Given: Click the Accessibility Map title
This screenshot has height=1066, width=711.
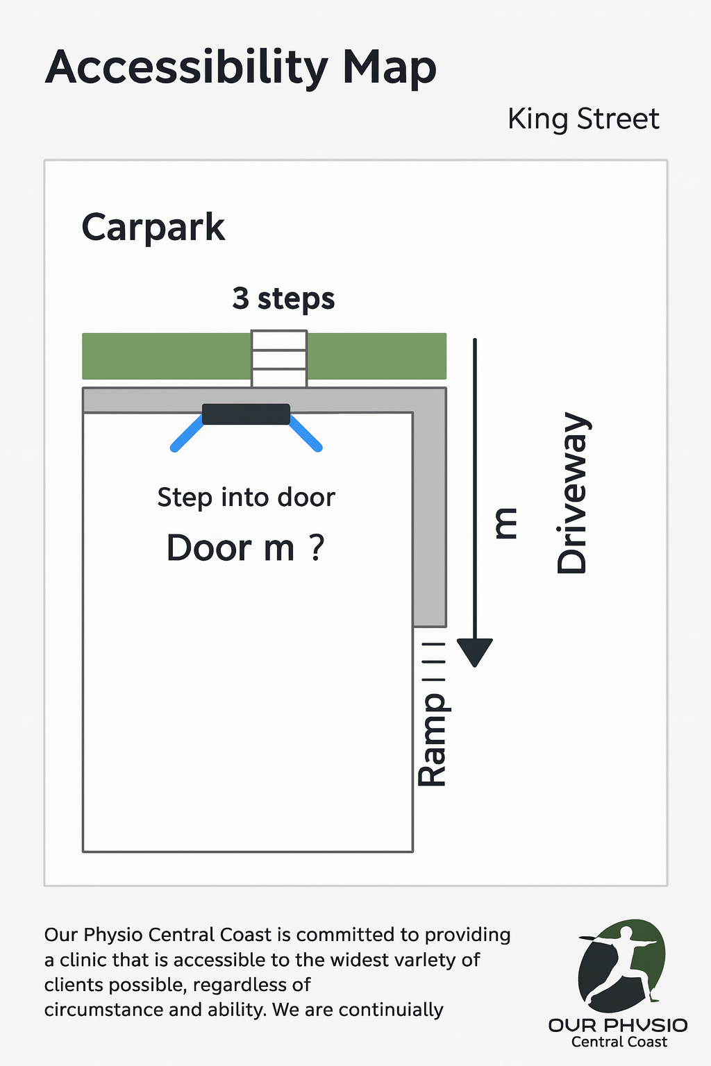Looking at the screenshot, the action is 240,68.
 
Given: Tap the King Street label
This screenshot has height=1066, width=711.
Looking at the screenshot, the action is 583,119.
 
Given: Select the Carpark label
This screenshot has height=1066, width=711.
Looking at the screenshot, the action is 153,228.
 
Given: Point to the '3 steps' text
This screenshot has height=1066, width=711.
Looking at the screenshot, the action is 283,299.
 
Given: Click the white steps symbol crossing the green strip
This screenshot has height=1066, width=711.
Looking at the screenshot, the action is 279,358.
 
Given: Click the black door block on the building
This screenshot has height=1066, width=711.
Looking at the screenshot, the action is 246,414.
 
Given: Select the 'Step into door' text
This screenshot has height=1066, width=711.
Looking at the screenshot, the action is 246,498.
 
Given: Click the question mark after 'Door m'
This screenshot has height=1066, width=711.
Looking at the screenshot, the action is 317,548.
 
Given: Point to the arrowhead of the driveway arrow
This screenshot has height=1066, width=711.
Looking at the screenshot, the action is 474,652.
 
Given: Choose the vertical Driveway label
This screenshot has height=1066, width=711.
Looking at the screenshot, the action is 573,493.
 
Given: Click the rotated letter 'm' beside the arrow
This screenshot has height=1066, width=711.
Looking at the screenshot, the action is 505,523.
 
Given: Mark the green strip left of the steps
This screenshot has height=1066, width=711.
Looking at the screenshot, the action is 167,356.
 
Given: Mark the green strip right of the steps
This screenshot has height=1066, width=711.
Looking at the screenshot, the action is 377,356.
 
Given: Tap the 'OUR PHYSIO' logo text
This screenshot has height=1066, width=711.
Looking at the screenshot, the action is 618,1025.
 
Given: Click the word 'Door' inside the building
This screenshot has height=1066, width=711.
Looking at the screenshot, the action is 208,548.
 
